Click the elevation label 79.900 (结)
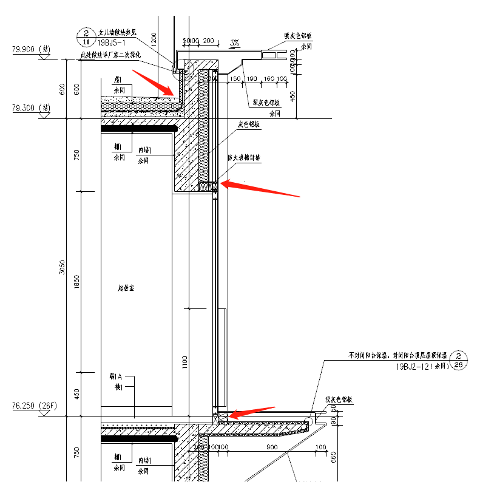pos(30,49)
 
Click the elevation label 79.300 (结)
pos(30,107)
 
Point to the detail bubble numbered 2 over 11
pos(86,36)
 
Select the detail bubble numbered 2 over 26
pos(459,360)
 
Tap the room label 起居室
pos(126,288)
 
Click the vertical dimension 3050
pos(62,268)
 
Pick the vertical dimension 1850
pos(77,282)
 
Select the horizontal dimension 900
pos(271,447)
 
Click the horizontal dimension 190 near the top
pos(252,79)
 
